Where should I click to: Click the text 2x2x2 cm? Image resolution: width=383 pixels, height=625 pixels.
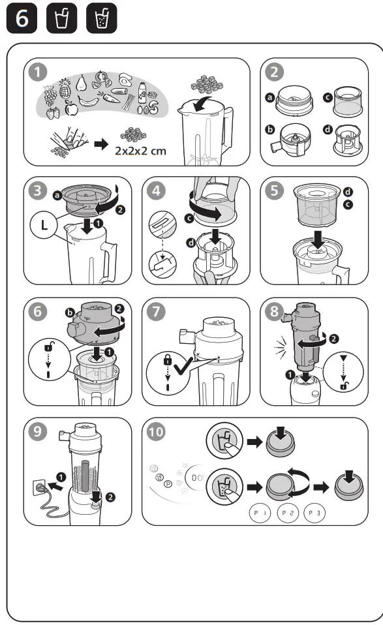coord(140,150)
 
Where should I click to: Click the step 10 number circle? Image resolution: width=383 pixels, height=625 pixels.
coord(159,433)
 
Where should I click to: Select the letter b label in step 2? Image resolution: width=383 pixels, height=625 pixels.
coord(269,130)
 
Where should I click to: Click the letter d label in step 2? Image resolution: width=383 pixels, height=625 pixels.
coord(326,129)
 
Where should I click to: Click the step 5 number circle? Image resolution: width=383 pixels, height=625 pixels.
coord(276,192)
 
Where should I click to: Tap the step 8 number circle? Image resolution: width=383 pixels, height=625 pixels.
coord(276,312)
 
